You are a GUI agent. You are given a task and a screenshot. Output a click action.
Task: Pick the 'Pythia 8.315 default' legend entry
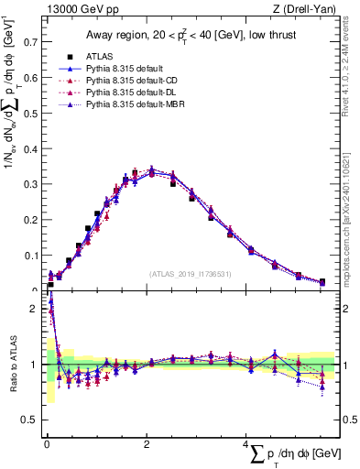[139, 69]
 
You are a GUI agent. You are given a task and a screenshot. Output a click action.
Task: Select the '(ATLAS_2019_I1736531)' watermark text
[189, 273]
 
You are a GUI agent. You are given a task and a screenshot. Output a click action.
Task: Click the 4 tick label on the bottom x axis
[245, 443]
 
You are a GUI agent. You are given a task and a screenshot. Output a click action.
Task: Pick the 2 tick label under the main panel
[146, 443]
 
